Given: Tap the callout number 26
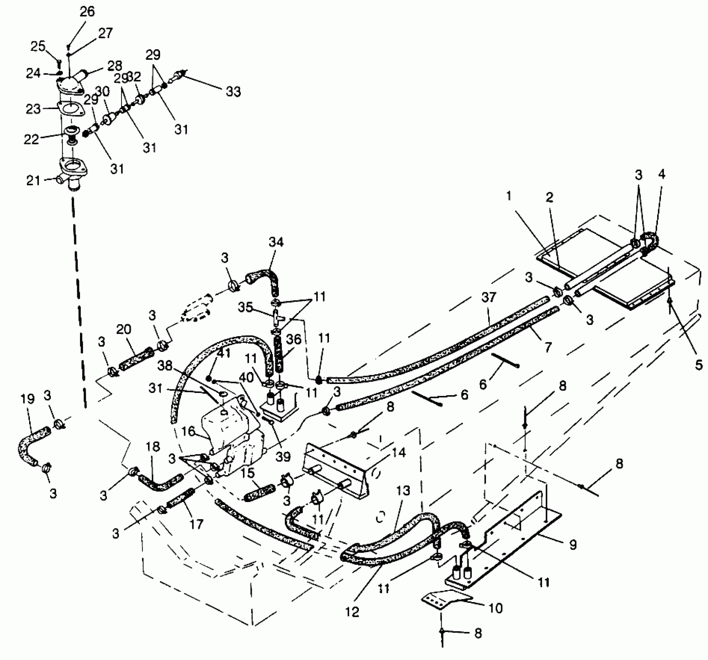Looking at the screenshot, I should [87, 12].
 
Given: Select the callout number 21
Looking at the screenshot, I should [33, 180].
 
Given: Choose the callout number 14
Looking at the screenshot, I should [399, 452].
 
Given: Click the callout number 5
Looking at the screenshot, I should [698, 365].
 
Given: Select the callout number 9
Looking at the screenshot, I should [572, 544].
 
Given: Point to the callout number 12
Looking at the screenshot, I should [351, 612].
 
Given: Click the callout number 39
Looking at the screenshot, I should [283, 457].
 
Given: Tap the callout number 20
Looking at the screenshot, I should [124, 330].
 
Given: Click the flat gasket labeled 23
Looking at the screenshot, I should [71, 108].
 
